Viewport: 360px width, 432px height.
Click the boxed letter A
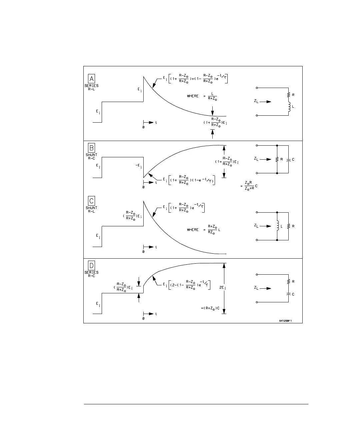pyautogui.click(x=91, y=79)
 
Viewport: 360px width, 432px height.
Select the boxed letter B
pyautogui.click(x=91, y=148)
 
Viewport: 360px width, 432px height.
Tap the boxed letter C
pyautogui.click(x=91, y=201)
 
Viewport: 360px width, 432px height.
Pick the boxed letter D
pyautogui.click(x=91, y=265)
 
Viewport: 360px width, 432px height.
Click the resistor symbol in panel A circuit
pyautogui.click(x=288, y=95)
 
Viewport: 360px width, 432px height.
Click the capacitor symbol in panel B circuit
pyautogui.click(x=288, y=159)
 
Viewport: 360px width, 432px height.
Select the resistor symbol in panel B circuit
pyautogui.click(x=277, y=159)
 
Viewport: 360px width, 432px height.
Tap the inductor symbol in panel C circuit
pyautogui.click(x=277, y=226)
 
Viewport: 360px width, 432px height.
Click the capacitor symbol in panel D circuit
pyautogui.click(x=288, y=294)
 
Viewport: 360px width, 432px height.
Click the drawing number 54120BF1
pyautogui.click(x=286, y=321)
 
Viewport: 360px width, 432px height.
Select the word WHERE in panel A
pyautogui.click(x=193, y=96)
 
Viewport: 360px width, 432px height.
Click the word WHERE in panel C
pyautogui.click(x=193, y=230)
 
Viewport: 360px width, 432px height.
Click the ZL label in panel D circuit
pyautogui.click(x=256, y=288)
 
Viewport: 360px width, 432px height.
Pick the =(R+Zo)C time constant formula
pyautogui.click(x=210, y=308)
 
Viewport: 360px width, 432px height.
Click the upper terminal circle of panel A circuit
pyautogui.click(x=257, y=88)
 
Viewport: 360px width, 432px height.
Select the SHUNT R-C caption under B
pyautogui.click(x=91, y=156)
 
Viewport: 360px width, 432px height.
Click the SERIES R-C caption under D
pyautogui.click(x=91, y=274)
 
